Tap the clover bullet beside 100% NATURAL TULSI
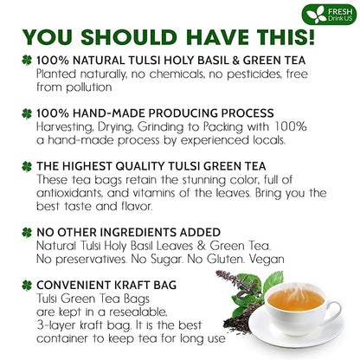click(16, 61)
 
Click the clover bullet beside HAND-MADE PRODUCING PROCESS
click(16, 113)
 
